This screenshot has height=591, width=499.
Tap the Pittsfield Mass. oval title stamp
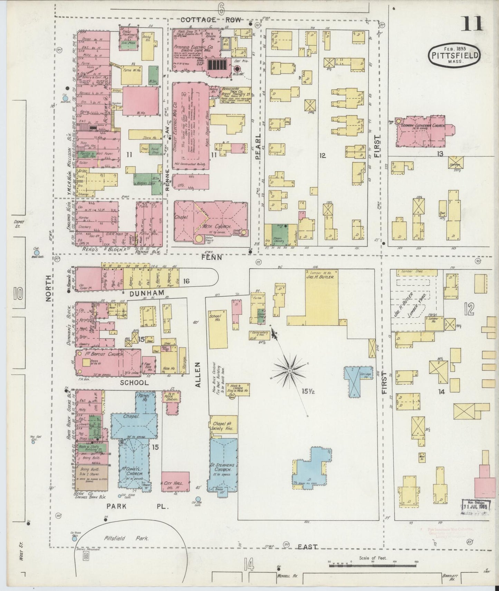(x=454, y=55)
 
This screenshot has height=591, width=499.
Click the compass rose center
(x=289, y=370)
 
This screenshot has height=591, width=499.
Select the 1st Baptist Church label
(x=98, y=354)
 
